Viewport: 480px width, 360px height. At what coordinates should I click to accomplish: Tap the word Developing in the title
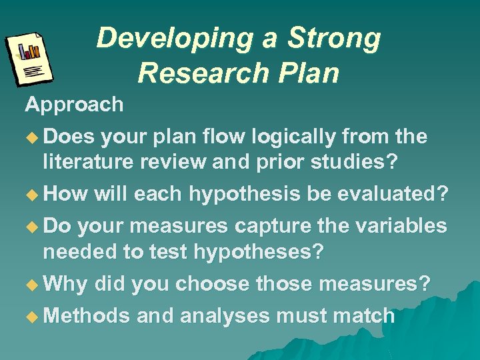click(175, 39)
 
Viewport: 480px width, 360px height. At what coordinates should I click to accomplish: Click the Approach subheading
click(74, 105)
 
